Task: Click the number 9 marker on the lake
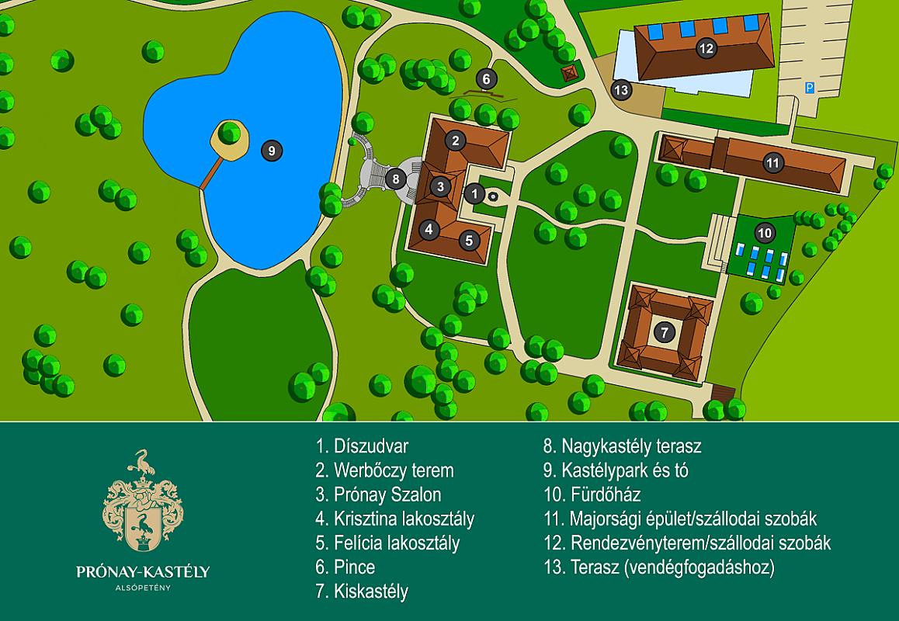pos(271,151)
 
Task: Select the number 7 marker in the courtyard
pos(663,332)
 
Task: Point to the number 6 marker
pos(486,78)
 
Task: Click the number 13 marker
pos(621,90)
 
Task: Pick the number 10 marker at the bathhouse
pos(765,232)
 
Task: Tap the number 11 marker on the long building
pos(772,163)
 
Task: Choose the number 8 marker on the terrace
pos(395,179)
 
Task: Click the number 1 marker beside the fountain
pos(476,193)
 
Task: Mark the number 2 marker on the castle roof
pos(456,141)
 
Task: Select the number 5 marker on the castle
pos(469,240)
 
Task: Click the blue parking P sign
pos(809,88)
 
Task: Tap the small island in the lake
pos(231,139)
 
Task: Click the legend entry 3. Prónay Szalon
pos(378,494)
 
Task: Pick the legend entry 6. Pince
pos(345,567)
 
